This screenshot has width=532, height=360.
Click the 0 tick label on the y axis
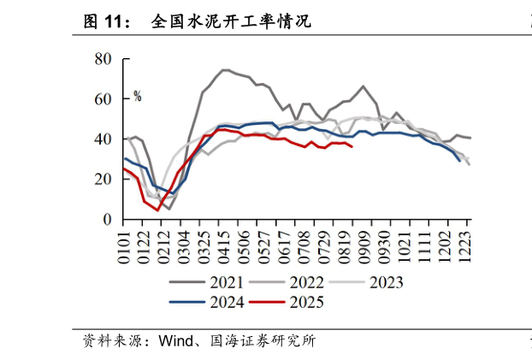click(108, 219)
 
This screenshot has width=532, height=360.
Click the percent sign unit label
click(137, 97)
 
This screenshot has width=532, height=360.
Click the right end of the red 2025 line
click(352, 146)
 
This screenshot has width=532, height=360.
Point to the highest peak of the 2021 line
click(224, 70)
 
